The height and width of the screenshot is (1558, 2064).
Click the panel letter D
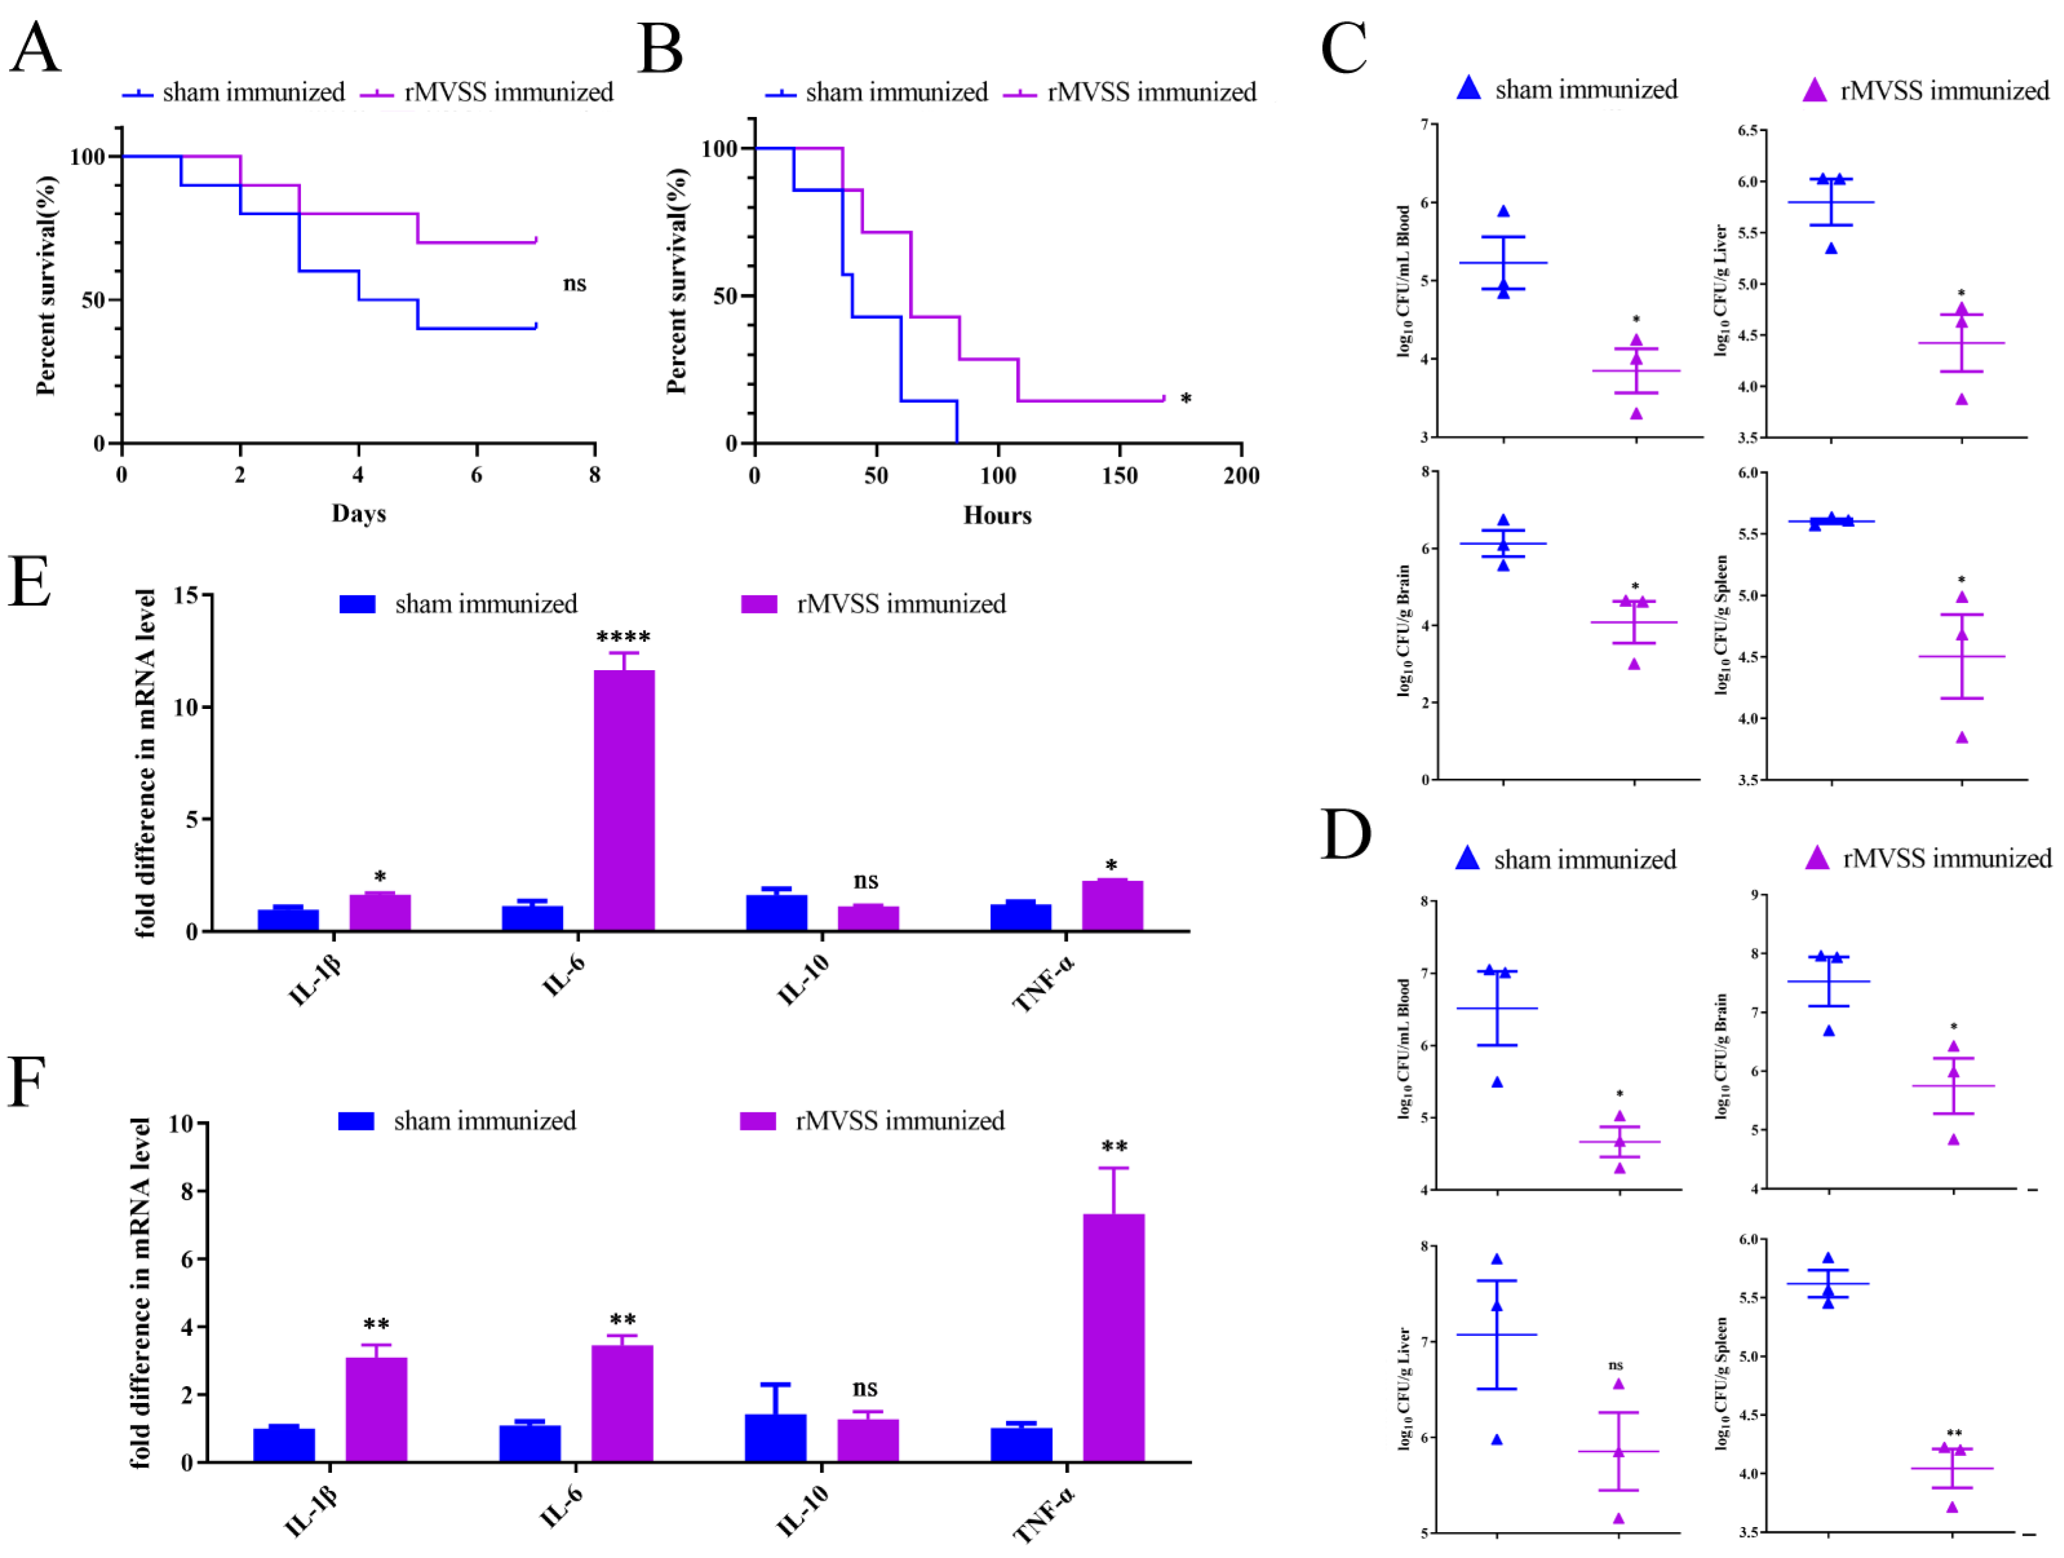point(1345,835)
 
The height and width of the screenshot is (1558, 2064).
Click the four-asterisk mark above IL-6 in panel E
point(623,638)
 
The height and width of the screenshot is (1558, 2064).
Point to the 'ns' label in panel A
point(575,283)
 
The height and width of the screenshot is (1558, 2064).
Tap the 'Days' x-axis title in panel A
point(358,514)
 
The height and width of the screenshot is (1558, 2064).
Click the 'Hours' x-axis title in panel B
point(997,516)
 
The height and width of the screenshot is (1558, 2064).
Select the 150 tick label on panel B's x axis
point(1119,477)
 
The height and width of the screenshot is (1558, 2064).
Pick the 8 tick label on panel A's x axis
point(595,475)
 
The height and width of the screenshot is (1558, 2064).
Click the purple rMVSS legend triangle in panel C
point(1815,90)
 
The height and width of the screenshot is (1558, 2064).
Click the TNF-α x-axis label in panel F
point(1044,1517)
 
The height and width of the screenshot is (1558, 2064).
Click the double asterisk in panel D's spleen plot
point(1954,1434)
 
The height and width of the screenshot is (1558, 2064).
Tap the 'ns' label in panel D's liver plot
point(1616,1366)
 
